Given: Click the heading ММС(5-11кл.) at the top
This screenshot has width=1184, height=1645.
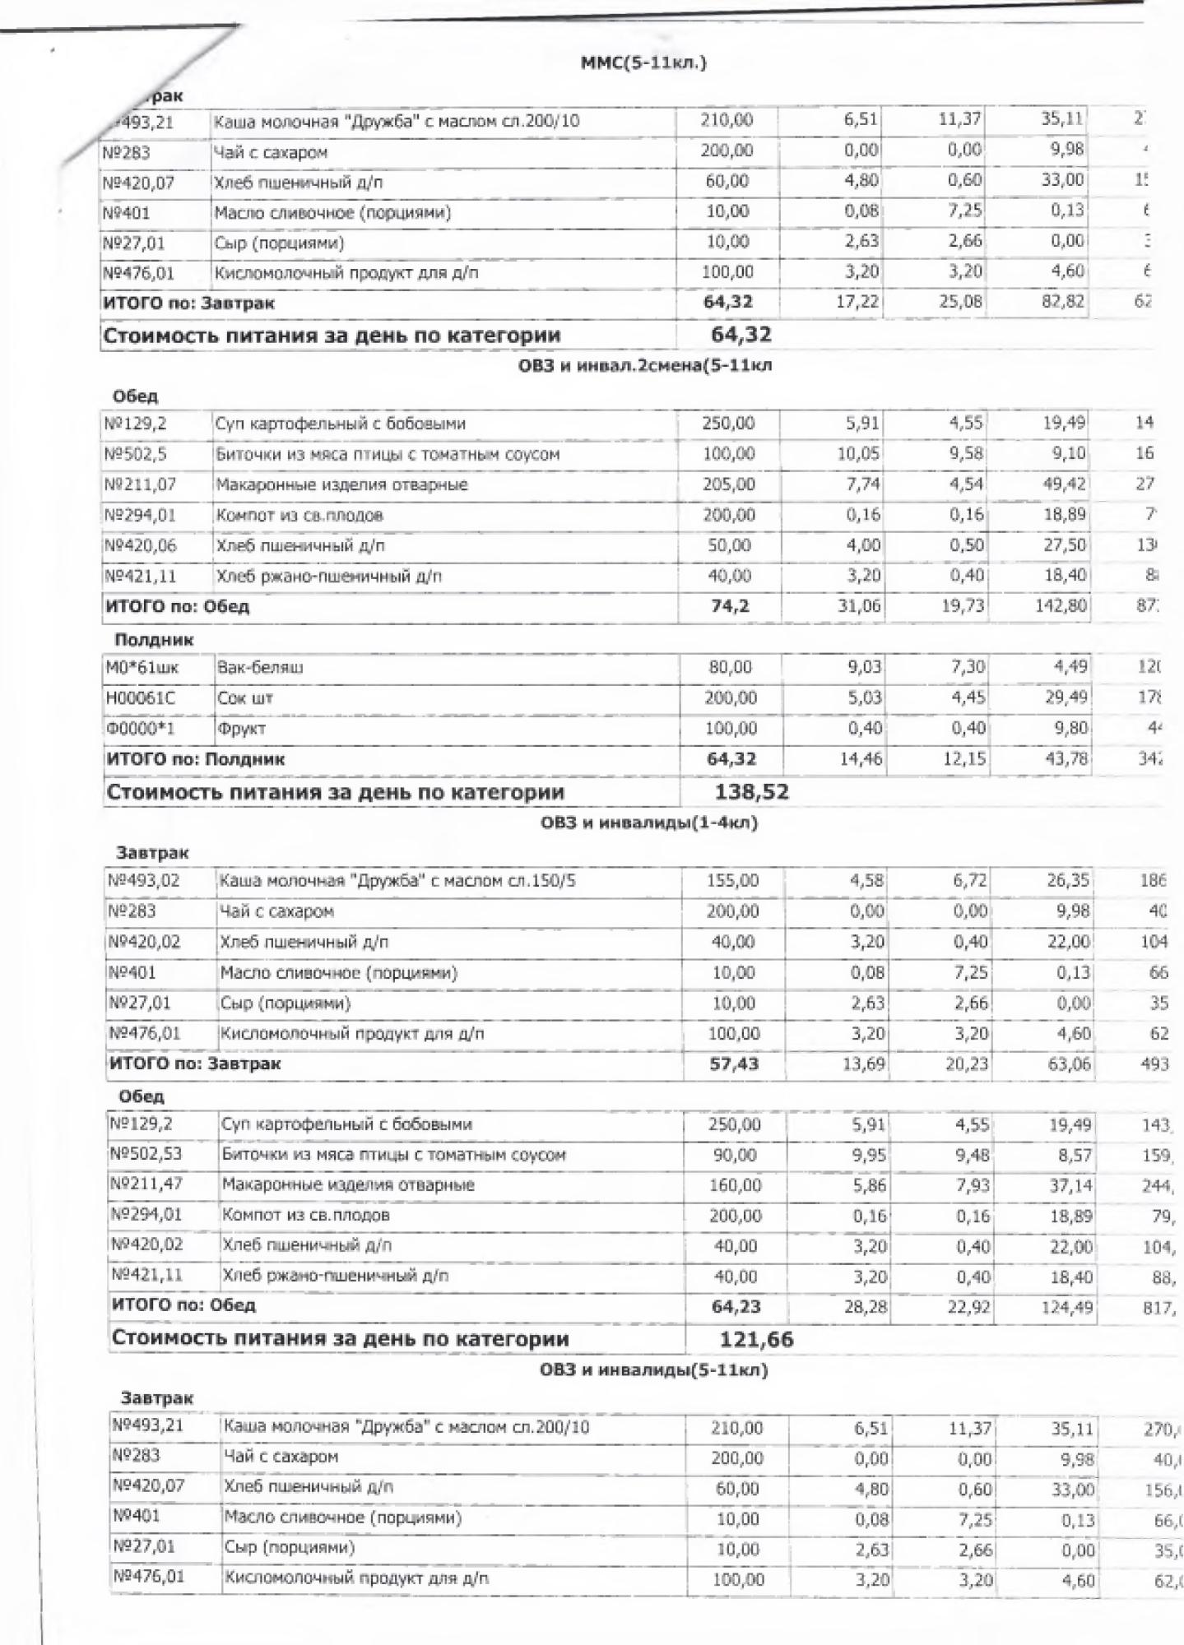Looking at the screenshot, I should click(x=643, y=63).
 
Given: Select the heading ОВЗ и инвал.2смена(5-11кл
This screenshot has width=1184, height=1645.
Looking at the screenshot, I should click(x=645, y=366).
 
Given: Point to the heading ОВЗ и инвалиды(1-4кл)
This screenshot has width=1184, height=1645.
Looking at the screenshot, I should click(x=649, y=822).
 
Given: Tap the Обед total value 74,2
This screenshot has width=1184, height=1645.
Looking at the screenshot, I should click(x=730, y=606).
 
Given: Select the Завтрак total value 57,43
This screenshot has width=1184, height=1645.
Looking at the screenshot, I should click(x=734, y=1063).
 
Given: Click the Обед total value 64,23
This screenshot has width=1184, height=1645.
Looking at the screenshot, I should click(x=735, y=1306).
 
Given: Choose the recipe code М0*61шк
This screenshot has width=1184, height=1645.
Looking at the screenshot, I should click(x=142, y=667).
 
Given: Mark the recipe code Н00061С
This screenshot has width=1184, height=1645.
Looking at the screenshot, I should click(x=141, y=698).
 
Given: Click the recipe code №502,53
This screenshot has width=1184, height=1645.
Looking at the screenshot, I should click(x=146, y=1154).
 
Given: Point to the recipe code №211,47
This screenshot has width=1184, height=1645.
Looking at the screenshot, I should click(x=146, y=1184).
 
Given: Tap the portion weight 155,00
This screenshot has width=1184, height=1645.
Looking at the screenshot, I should click(x=733, y=881).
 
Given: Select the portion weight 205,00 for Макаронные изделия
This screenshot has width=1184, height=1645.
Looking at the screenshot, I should click(x=729, y=484).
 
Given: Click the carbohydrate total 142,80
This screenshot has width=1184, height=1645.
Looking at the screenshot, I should click(x=1064, y=606).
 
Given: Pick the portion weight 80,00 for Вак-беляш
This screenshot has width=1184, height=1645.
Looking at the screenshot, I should click(x=731, y=667).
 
